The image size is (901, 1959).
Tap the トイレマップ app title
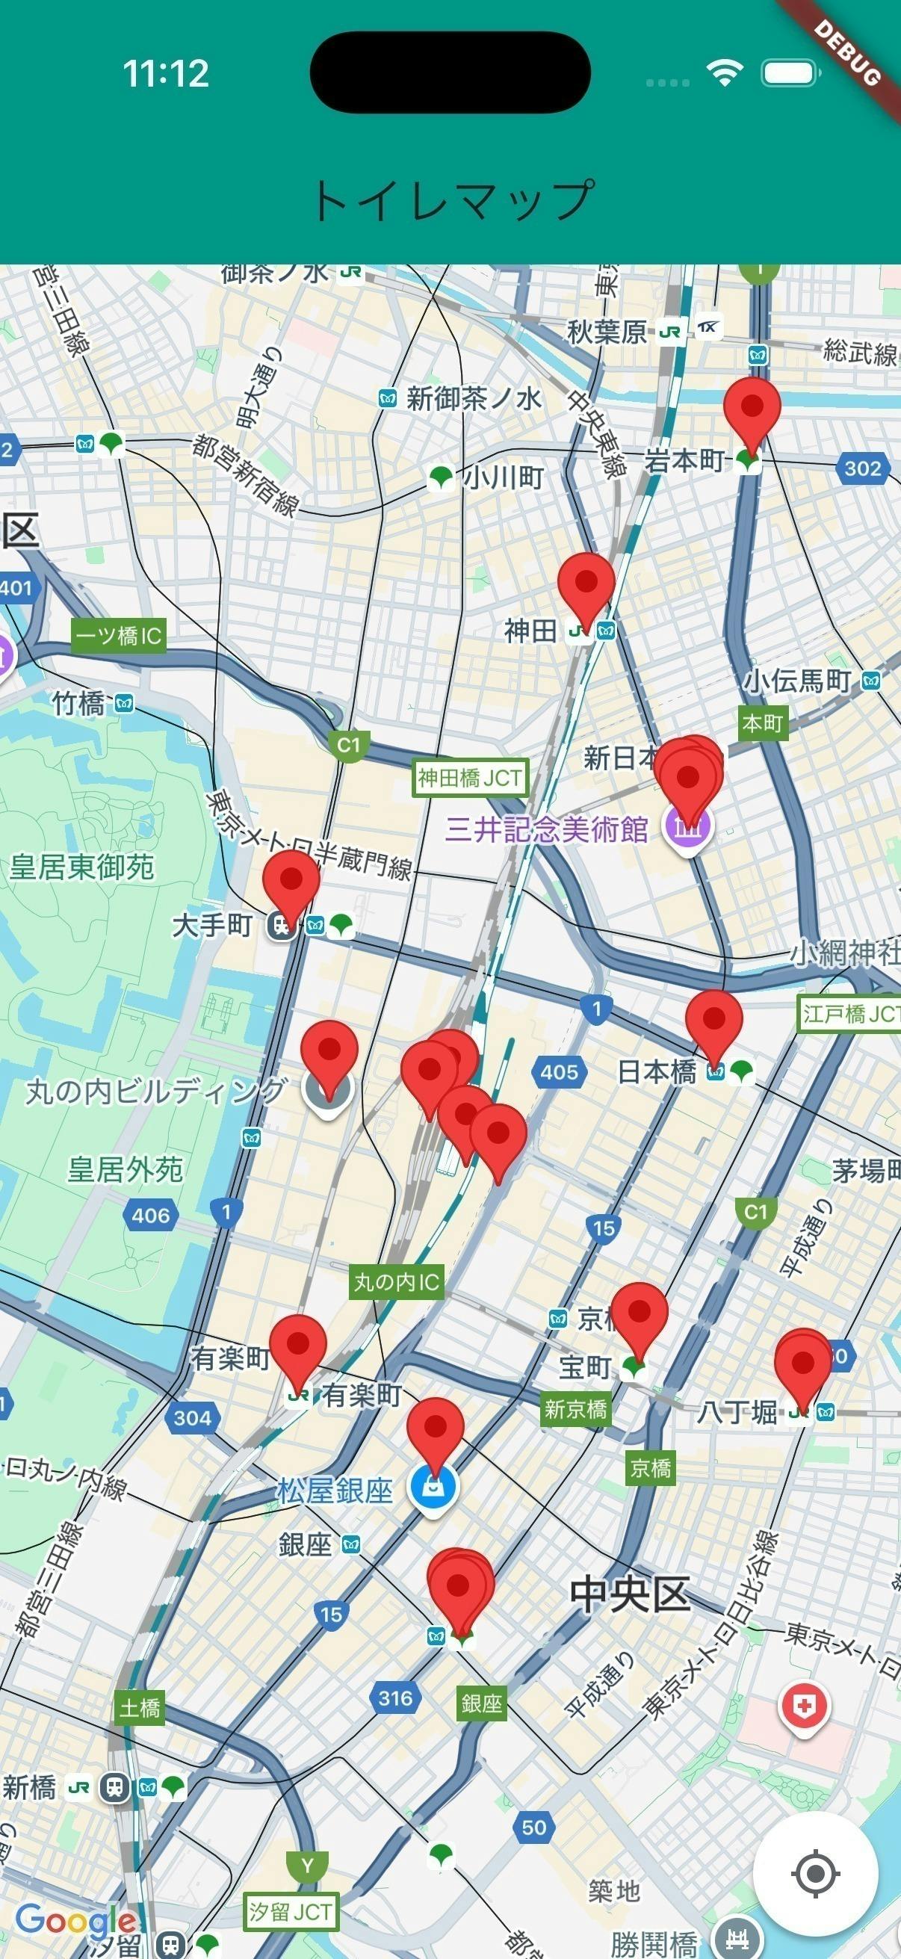click(450, 200)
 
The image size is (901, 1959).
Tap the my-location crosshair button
click(815, 1874)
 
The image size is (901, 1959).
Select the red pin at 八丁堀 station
click(802, 1362)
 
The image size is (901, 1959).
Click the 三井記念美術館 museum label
click(546, 828)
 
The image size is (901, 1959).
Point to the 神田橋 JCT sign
click(470, 777)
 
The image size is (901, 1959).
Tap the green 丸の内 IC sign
click(396, 1282)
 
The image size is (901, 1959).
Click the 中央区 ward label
click(630, 1594)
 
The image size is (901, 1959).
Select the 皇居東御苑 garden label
click(81, 867)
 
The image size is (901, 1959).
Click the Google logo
click(75, 1921)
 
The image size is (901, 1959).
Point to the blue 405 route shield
click(559, 1071)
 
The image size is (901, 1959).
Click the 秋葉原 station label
click(606, 332)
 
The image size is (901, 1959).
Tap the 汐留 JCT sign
click(291, 1911)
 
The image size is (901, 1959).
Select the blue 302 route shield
click(862, 468)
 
